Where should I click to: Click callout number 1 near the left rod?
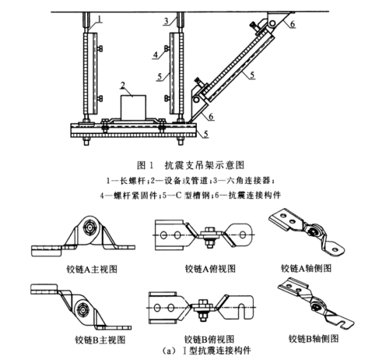pos(100,19)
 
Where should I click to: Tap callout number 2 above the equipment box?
pos(123,86)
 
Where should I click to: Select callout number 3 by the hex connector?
pos(167,21)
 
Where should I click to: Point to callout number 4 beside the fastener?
pos(156,55)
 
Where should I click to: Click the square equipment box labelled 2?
pos(133,108)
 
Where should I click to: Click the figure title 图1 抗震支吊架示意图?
pos(191,165)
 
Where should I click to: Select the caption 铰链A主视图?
pos(92,269)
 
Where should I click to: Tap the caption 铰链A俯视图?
pos(210,269)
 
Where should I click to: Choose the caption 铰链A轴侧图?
pos(306,268)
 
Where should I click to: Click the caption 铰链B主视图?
pos(100,340)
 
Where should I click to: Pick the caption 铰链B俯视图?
pos(209,339)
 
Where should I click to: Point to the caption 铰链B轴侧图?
pos(314,339)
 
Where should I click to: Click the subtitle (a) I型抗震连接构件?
pos(207,351)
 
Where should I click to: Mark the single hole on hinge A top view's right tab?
pos(242,235)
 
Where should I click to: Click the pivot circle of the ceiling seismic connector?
pos(272,23)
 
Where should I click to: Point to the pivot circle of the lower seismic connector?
pos(196,100)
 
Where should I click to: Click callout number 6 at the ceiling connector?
pos(292,24)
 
